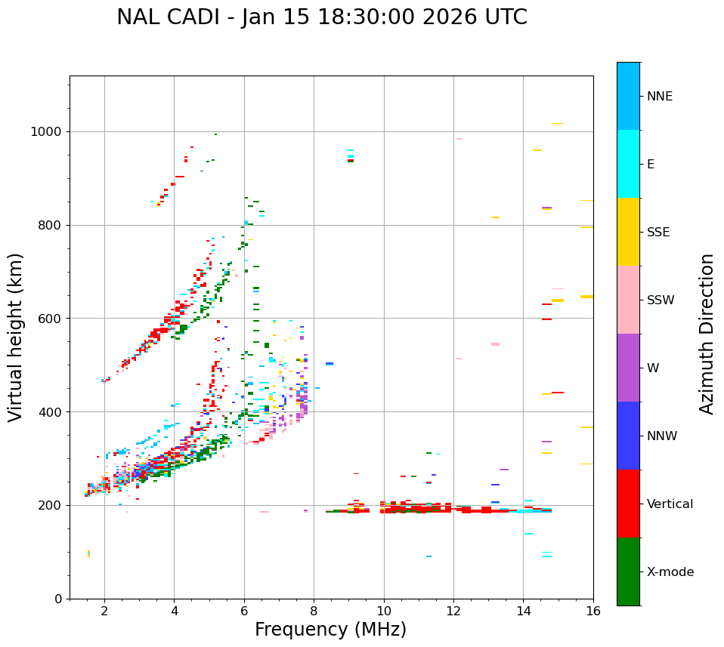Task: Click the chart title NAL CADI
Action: (321, 17)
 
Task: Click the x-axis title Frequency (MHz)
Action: (330, 630)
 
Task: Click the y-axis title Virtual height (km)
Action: (16, 337)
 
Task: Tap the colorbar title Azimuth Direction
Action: (707, 334)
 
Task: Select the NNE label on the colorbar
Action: (659, 97)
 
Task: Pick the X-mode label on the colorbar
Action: (670, 572)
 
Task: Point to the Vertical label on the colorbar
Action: (670, 504)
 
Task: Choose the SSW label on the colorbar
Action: (661, 300)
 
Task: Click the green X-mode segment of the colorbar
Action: (628, 572)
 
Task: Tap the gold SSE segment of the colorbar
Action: (628, 232)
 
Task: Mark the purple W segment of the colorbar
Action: (628, 368)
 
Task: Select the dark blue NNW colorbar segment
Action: (628, 436)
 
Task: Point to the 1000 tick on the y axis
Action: (50, 132)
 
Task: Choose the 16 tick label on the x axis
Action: (593, 611)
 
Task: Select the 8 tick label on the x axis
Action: (314, 611)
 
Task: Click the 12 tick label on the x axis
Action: (453, 611)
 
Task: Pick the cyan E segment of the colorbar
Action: (628, 164)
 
